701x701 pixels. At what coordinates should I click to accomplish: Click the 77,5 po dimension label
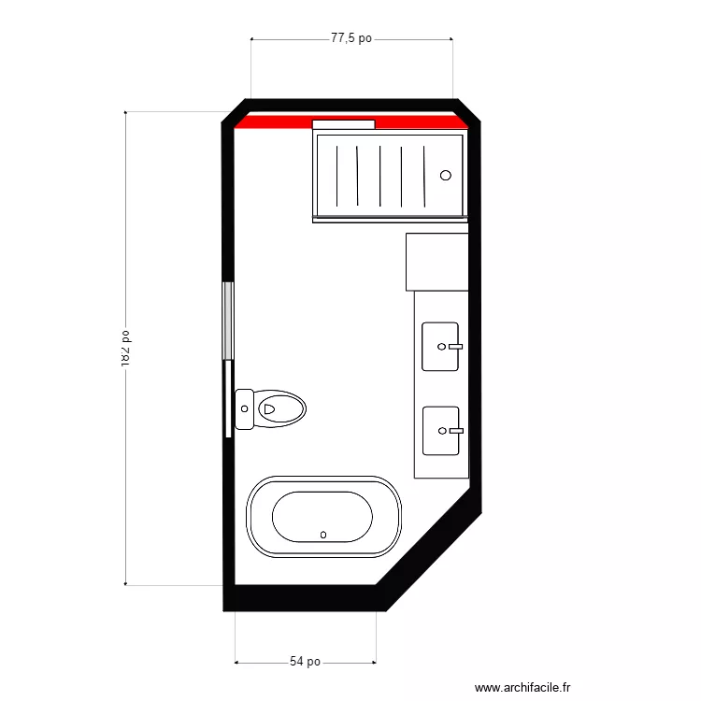tap(351, 39)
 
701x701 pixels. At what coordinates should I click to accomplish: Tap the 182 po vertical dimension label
tap(124, 347)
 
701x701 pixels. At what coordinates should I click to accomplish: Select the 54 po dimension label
tap(305, 662)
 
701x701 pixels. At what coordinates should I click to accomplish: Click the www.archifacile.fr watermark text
tap(522, 687)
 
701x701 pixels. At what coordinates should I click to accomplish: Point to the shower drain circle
tap(446, 175)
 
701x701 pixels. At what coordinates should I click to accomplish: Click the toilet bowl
tap(281, 409)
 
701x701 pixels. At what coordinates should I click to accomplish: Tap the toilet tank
tap(245, 409)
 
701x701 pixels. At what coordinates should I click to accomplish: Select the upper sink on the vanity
tap(440, 346)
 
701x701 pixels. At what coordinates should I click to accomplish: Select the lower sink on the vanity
tap(440, 431)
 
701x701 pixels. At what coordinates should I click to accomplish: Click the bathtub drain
tap(323, 535)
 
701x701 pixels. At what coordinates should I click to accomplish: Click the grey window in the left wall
tap(227, 321)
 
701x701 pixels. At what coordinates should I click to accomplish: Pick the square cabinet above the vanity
tap(436, 262)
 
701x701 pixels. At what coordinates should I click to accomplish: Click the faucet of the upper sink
tap(454, 346)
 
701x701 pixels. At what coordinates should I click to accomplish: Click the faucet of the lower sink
tap(454, 431)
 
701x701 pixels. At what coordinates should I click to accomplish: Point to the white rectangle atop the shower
tap(343, 124)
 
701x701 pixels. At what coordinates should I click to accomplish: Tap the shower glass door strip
tap(390, 219)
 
